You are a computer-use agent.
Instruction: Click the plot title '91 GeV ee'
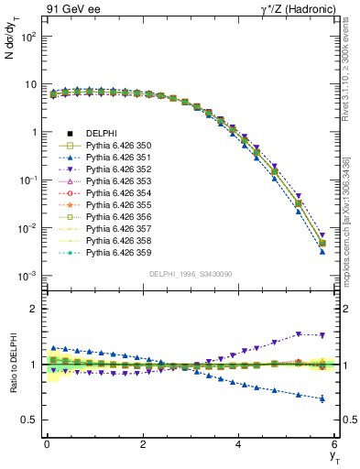(x=72, y=10)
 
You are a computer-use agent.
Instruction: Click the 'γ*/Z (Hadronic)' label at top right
(x=295, y=10)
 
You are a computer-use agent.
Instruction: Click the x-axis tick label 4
(x=238, y=444)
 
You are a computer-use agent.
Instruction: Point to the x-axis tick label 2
(x=143, y=444)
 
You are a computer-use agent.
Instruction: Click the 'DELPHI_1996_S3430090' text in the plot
(x=190, y=273)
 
